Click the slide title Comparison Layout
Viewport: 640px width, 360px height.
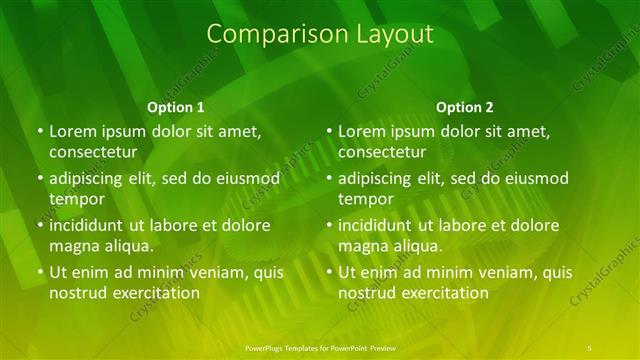[x=320, y=34]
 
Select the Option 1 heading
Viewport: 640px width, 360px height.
[x=176, y=107]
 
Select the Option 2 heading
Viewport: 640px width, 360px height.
[x=465, y=107]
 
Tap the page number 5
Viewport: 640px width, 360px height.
[x=590, y=346]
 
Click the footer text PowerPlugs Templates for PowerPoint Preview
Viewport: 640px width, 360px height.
[x=320, y=346]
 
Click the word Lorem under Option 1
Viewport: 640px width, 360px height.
[x=73, y=131]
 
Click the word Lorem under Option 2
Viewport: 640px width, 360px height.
[x=362, y=131]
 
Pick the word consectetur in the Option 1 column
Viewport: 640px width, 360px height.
[x=93, y=152]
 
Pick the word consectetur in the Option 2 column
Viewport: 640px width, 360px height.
[x=382, y=152]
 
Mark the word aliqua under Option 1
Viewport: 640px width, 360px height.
[x=127, y=246]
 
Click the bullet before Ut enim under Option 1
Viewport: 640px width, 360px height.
[x=40, y=272]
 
